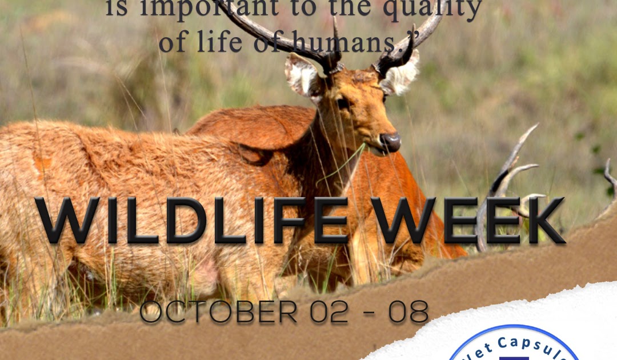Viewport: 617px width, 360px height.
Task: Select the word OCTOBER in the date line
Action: [219, 312]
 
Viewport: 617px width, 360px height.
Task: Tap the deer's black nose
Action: [391, 141]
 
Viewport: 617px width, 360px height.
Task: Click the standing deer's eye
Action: [343, 103]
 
